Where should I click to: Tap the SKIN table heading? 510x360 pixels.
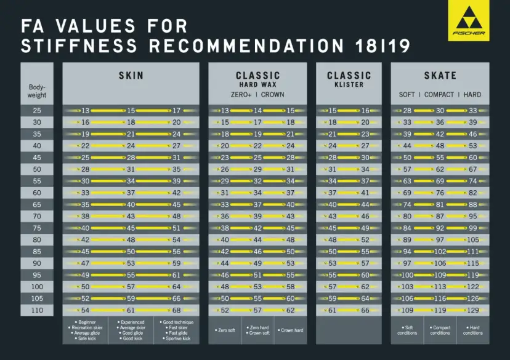tap(131, 76)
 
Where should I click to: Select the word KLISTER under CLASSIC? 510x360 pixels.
tap(349, 84)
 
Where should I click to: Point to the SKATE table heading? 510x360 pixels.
tap(440, 76)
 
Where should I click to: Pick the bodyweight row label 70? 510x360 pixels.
tap(37, 216)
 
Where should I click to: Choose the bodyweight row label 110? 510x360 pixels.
tap(37, 310)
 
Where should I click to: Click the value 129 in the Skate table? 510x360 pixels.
tap(472, 310)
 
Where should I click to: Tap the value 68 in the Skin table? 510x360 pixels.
tap(176, 310)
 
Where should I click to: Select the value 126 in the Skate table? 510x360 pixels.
tap(472, 298)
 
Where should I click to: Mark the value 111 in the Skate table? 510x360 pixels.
tap(472, 252)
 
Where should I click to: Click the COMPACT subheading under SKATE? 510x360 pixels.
tap(440, 94)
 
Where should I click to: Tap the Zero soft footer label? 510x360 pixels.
tap(225, 330)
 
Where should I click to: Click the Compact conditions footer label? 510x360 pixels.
tap(440, 330)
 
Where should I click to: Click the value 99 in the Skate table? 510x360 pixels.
tap(472, 228)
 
